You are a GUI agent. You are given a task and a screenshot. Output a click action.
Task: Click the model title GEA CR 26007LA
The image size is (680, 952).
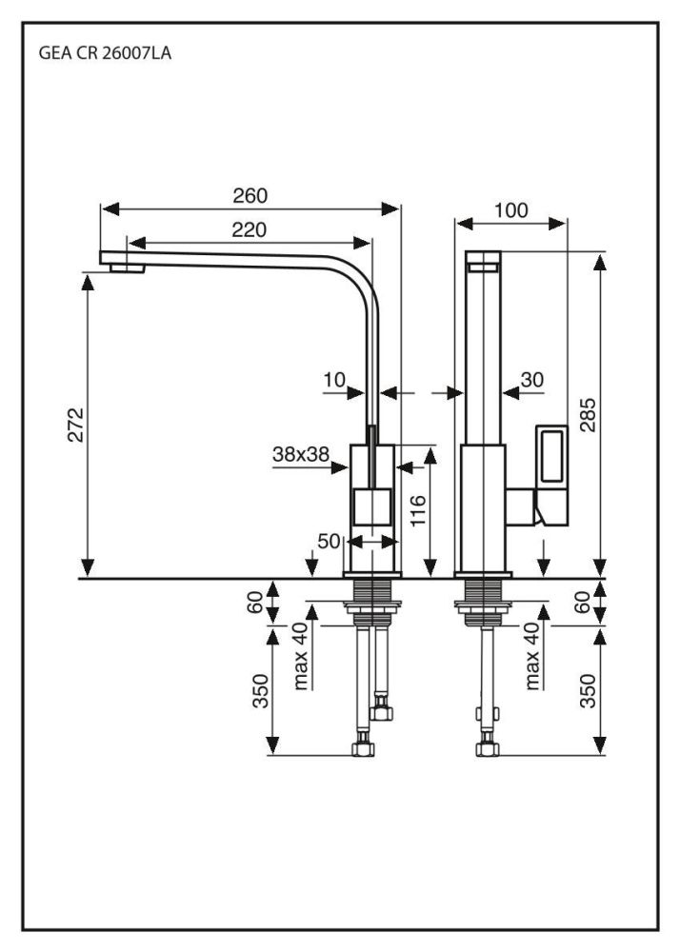[x=106, y=54]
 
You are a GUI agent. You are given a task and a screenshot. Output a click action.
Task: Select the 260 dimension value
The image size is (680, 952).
[x=250, y=196]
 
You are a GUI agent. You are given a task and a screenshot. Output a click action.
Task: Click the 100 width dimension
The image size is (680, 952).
[x=511, y=210]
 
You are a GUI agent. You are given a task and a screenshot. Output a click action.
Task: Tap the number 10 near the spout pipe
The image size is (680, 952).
[x=333, y=380]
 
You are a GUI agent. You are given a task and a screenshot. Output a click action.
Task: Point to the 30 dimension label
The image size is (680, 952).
[x=532, y=380]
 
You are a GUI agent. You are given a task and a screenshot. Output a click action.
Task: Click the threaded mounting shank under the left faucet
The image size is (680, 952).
[x=368, y=599]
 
